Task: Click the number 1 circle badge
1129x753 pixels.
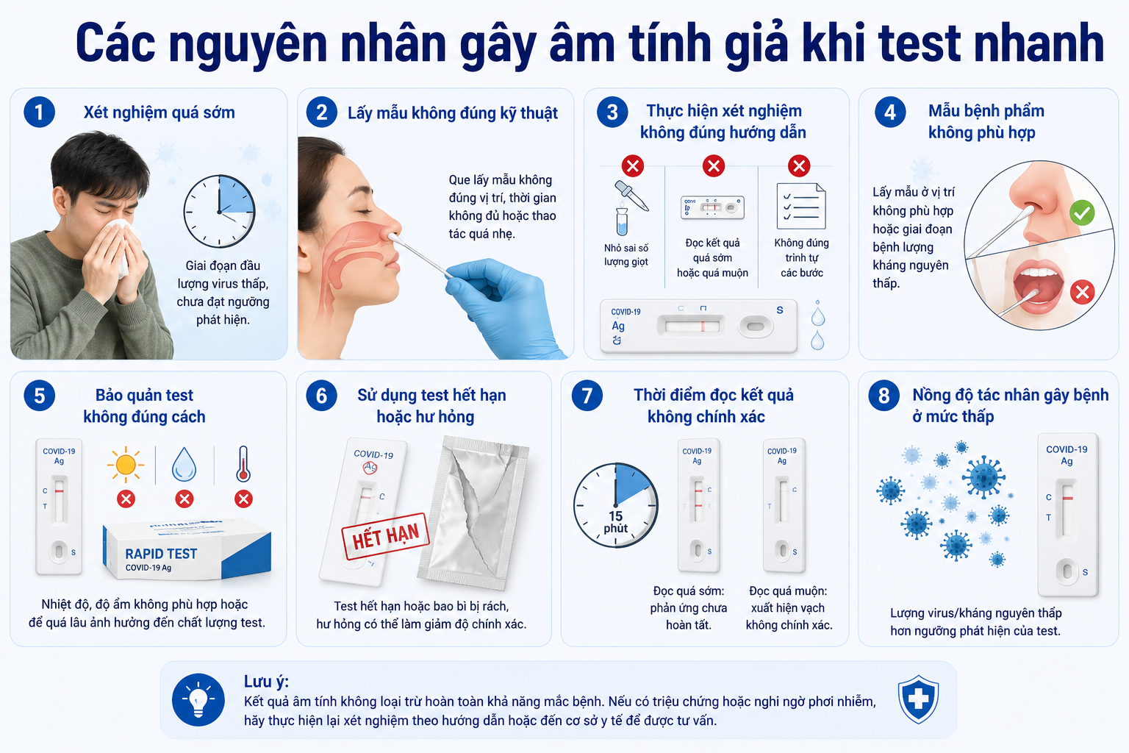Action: click(x=39, y=112)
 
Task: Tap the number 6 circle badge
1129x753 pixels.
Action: click(x=321, y=396)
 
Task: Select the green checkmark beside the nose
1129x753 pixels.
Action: click(x=1082, y=213)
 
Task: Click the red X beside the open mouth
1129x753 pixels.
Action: click(x=1082, y=292)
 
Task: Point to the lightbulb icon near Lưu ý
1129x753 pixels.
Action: click(x=198, y=699)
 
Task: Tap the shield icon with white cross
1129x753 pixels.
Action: click(x=918, y=699)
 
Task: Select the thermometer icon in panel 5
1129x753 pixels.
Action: click(x=243, y=463)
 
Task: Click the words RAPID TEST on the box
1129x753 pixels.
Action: click(x=161, y=554)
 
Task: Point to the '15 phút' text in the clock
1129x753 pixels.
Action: click(x=615, y=522)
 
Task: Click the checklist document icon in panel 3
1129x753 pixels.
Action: click(x=801, y=207)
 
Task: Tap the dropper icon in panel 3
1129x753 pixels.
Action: click(x=631, y=196)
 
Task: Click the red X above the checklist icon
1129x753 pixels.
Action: click(x=799, y=165)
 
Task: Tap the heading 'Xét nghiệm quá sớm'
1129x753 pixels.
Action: click(x=160, y=113)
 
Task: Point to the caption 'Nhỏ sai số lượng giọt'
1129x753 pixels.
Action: click(x=626, y=254)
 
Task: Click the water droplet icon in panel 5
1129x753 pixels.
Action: click(x=184, y=464)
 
